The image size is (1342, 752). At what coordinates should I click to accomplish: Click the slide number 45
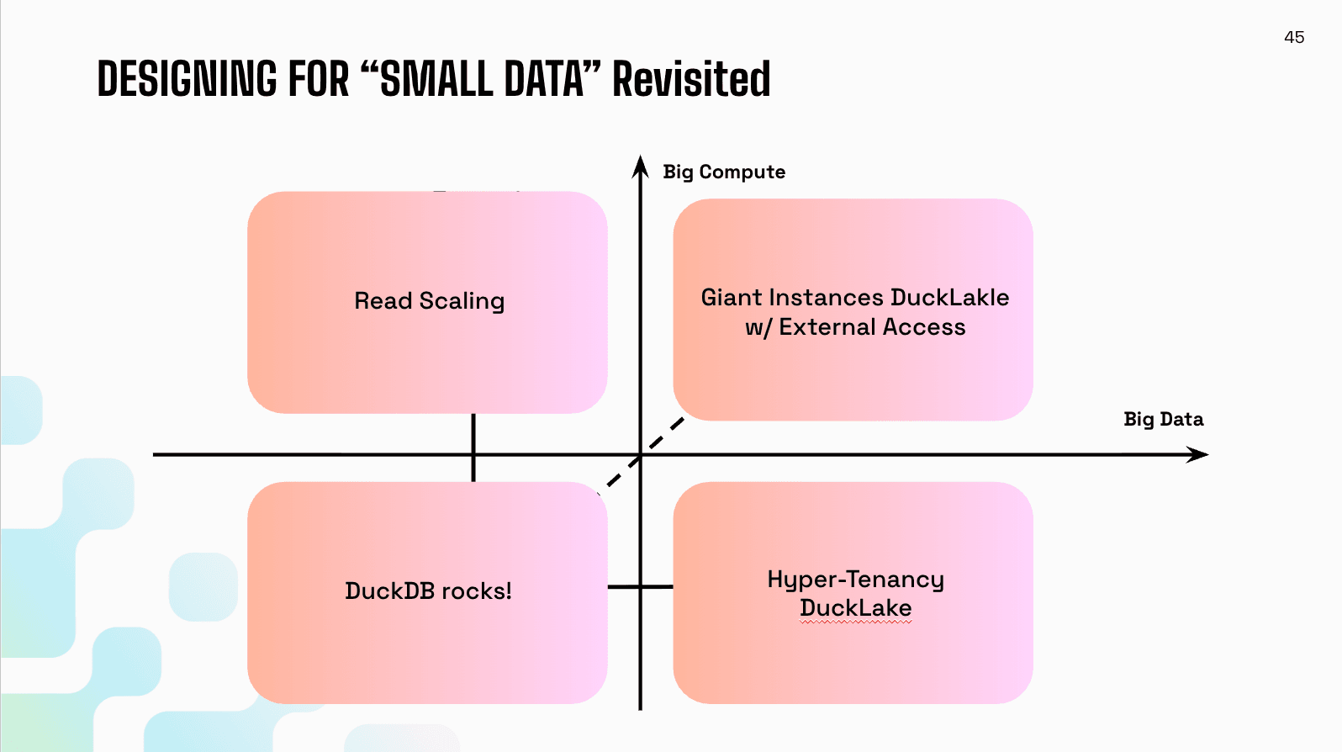tap(1294, 37)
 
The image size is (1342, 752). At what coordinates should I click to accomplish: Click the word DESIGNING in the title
tap(187, 79)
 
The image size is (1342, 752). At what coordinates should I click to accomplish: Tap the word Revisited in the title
tap(690, 79)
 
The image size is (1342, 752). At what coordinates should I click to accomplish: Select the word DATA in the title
tap(543, 79)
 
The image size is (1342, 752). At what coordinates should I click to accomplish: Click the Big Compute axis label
tap(723, 172)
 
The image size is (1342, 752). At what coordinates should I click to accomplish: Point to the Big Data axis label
tap(1163, 419)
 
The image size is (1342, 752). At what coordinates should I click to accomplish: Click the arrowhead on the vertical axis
tap(641, 167)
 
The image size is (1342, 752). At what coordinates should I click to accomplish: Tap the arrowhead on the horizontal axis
tap(1197, 455)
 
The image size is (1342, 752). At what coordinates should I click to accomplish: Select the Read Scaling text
tap(429, 301)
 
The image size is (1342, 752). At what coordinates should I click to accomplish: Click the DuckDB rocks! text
tap(428, 590)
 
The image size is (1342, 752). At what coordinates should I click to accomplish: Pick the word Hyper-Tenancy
tap(855, 579)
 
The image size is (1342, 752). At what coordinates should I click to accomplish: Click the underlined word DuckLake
tap(855, 608)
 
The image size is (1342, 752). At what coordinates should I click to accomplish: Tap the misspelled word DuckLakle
tap(949, 298)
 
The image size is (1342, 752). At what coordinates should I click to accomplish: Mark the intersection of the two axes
tap(641, 455)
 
